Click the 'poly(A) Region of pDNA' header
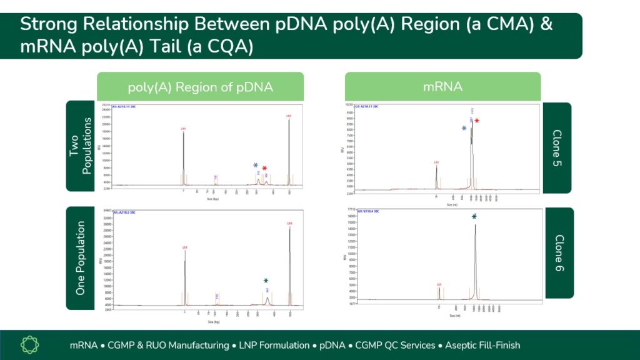200,87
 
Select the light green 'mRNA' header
442,87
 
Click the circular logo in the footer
30,345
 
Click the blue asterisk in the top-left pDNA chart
256,166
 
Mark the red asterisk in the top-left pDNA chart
264,169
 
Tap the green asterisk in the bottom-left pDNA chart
266,281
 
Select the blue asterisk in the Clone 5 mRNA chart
464,129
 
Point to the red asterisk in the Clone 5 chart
477,121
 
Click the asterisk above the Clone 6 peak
474,217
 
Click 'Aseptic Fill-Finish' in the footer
482,345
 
